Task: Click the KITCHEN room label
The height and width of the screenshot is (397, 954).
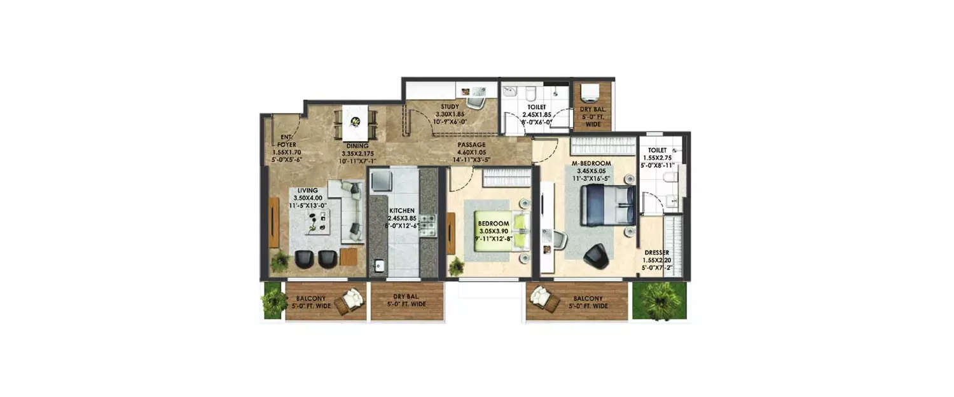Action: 403,210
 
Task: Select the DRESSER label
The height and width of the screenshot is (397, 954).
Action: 656,252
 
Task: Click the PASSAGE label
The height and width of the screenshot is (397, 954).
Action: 471,145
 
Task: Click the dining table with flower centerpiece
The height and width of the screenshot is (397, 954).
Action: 355,123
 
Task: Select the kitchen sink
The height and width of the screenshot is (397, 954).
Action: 379,266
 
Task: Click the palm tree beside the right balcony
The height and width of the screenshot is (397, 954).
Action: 660,300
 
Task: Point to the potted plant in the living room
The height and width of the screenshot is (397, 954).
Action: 279,261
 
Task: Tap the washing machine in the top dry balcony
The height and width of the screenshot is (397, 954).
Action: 591,93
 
